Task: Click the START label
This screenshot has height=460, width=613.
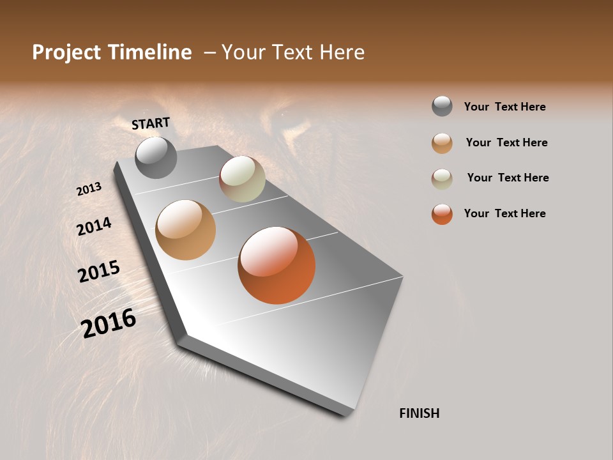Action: [151, 123]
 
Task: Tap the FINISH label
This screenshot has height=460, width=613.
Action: [419, 413]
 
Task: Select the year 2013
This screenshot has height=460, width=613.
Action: [89, 189]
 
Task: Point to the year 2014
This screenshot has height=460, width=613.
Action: [94, 226]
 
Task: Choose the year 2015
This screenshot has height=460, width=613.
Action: [99, 272]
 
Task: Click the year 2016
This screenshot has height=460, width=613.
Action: [109, 323]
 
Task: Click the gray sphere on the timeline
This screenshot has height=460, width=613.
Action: [156, 158]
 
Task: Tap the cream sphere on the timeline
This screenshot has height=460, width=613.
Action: [242, 179]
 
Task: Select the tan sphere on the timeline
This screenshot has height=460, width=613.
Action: [185, 230]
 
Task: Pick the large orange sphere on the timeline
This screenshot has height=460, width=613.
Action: [276, 265]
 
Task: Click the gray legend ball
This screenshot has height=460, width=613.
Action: [442, 107]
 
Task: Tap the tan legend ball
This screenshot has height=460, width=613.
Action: [442, 143]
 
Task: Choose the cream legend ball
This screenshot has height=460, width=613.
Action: [442, 178]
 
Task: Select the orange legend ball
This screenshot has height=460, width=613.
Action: [442, 214]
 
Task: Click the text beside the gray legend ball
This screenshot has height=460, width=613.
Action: [504, 107]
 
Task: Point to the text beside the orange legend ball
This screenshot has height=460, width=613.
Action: [504, 213]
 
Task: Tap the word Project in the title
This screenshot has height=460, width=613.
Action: [67, 52]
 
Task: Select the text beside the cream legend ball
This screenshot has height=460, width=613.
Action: [508, 178]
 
